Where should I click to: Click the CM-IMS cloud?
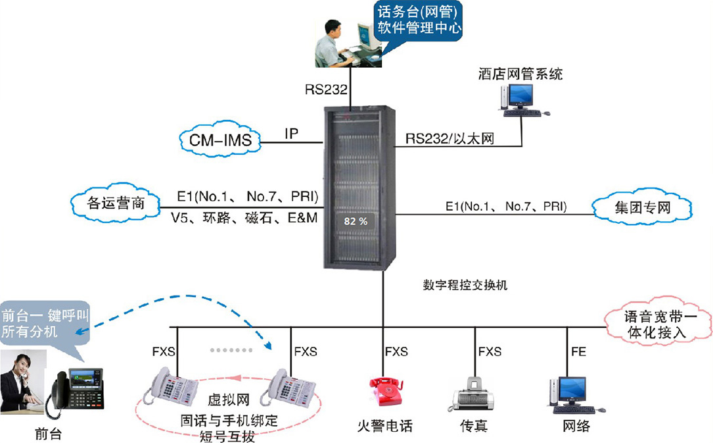click(220, 140)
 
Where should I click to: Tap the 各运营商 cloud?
click(115, 204)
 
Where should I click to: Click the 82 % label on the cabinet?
click(356, 221)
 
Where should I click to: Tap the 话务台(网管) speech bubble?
click(419, 21)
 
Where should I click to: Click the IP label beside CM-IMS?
click(292, 134)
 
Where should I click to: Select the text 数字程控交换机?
click(465, 286)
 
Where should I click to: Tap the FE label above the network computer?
click(578, 352)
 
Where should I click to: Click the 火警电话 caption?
click(384, 427)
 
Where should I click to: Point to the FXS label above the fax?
click(490, 352)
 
